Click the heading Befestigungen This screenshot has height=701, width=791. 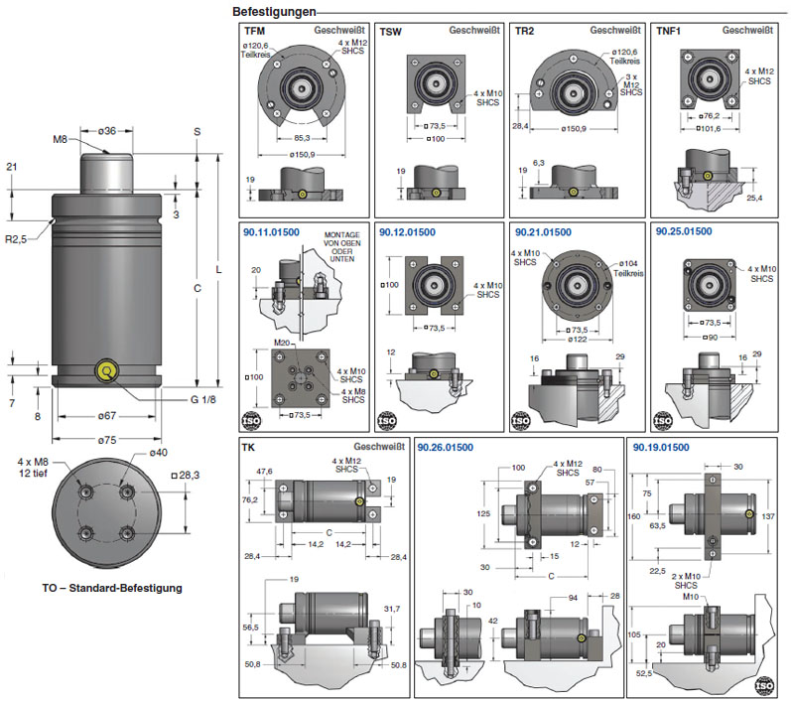[274, 12]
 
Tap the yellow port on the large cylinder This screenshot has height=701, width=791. [104, 370]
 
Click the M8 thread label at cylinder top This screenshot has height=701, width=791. [60, 140]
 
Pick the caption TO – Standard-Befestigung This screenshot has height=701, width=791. [112, 588]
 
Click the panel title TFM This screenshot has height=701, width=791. [256, 32]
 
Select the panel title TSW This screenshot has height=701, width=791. [393, 32]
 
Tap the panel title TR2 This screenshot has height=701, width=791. [526, 32]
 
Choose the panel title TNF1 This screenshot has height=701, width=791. [668, 32]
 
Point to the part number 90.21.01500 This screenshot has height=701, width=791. [544, 231]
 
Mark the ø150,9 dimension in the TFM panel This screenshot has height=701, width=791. [303, 154]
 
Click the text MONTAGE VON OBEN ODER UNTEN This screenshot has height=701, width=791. [342, 247]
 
